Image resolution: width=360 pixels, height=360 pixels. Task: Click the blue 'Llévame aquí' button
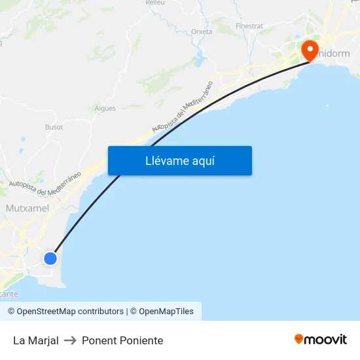tap(179, 160)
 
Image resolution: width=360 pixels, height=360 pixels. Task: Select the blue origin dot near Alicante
tap(50, 258)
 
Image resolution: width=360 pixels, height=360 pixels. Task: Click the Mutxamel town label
tap(27, 207)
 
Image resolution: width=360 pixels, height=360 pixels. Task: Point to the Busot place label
tap(54, 127)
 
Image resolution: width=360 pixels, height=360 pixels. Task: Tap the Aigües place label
tap(105, 108)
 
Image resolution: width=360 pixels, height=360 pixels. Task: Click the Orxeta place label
tap(201, 31)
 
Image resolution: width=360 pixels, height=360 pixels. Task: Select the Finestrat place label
tap(249, 26)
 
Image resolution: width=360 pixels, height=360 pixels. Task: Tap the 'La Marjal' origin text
tap(36, 340)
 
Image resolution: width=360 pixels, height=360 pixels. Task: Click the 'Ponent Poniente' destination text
tap(122, 340)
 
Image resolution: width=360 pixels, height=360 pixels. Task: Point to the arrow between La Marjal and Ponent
tap(70, 340)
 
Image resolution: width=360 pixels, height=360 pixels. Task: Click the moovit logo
tap(321, 339)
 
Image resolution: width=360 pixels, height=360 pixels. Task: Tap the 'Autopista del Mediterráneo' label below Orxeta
tap(183, 107)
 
